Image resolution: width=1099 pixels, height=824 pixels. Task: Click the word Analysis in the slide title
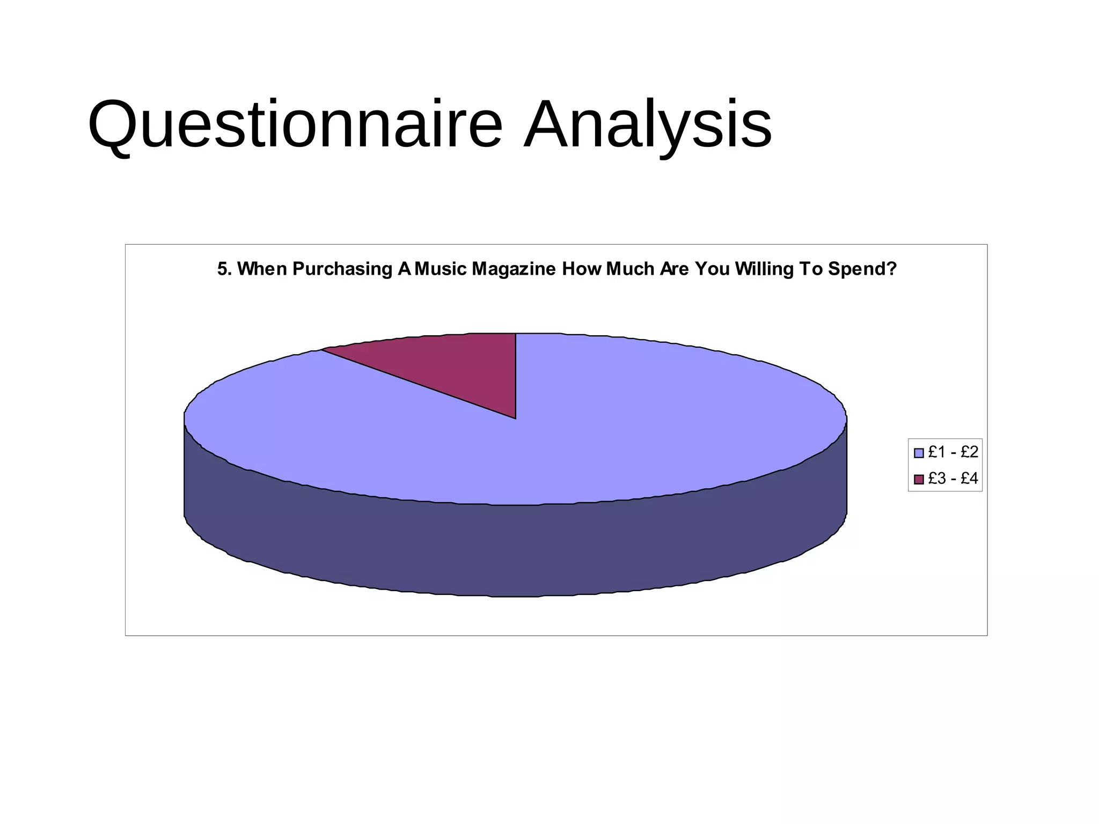click(x=648, y=124)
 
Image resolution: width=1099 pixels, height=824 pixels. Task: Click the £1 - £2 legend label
click(x=953, y=452)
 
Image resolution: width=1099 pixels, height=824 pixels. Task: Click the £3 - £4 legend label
click(x=953, y=478)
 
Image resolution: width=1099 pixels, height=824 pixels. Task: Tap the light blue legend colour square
click(x=919, y=453)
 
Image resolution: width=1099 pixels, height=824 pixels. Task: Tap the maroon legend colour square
click(x=919, y=479)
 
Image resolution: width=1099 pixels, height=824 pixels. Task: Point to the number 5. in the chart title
click(x=224, y=269)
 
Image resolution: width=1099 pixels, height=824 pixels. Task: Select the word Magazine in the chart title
click(x=514, y=269)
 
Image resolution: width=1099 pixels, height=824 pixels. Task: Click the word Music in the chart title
click(x=440, y=269)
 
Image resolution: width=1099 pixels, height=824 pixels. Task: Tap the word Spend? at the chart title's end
click(x=862, y=269)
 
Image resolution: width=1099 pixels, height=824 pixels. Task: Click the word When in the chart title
click(x=262, y=269)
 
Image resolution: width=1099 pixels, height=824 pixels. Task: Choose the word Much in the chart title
click(x=630, y=269)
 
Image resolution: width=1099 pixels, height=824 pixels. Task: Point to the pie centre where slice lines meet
click(x=516, y=418)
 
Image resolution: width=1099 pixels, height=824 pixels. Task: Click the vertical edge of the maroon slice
click(x=516, y=376)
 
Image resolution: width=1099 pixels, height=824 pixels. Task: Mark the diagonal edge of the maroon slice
click(x=419, y=384)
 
